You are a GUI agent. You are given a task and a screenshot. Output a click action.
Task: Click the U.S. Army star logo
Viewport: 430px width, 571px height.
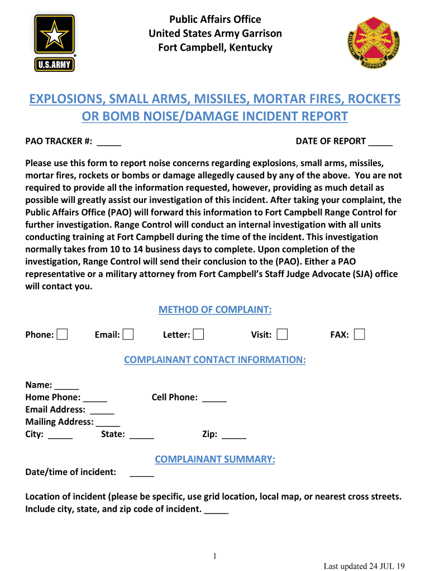point(55,42)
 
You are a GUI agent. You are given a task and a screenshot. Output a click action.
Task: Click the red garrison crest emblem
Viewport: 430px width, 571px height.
point(374,42)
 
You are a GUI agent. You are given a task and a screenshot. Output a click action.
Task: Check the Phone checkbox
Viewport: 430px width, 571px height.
point(63,335)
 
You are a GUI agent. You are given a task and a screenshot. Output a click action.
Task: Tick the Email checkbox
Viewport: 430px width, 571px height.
point(128,335)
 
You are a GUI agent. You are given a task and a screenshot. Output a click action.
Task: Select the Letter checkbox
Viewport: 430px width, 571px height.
point(198,335)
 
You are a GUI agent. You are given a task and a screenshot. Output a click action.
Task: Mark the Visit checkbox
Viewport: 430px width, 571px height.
point(283,335)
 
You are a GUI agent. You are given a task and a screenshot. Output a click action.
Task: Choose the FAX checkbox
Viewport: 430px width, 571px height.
point(360,335)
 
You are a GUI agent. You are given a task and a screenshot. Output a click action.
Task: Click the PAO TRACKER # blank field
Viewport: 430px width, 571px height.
point(109,142)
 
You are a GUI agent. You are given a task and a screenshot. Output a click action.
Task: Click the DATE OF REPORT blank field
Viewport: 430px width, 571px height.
point(380,142)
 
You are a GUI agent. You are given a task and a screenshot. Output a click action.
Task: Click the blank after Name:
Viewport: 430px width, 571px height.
point(67,385)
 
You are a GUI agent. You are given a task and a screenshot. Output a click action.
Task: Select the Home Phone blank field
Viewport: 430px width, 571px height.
point(95,398)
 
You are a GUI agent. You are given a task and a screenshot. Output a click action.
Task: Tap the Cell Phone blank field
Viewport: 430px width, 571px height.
point(214,398)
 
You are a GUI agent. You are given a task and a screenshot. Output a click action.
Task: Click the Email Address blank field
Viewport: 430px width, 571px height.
point(102,410)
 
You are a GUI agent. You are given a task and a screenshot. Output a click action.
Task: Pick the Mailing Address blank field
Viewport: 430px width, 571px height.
point(108,422)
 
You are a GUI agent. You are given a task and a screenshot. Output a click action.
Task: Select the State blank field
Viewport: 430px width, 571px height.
point(142,434)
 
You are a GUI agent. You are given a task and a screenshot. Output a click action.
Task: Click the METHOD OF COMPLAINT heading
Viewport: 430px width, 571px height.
point(215,310)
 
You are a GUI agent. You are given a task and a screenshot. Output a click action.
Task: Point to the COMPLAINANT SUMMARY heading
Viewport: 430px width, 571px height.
point(215,459)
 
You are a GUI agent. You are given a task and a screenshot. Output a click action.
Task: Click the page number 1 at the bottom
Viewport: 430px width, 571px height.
point(215,556)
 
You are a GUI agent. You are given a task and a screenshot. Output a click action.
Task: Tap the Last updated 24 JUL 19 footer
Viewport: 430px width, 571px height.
point(364,566)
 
